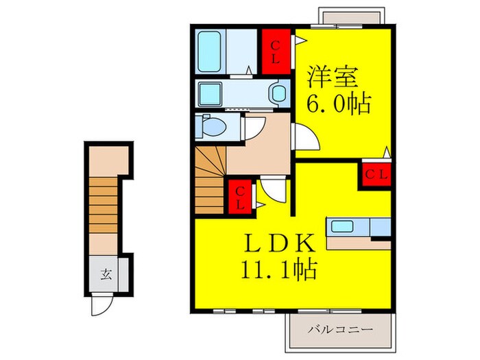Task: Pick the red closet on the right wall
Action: pos(375,174)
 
